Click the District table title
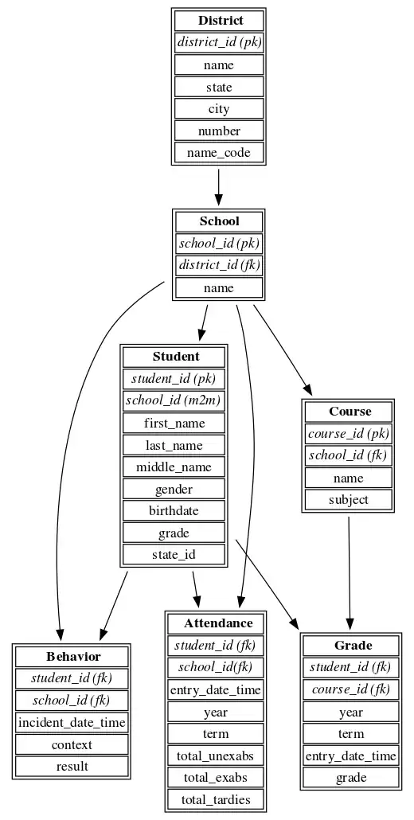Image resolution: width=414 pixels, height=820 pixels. pyautogui.click(x=219, y=21)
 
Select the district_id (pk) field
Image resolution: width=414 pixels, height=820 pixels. pyautogui.click(x=219, y=42)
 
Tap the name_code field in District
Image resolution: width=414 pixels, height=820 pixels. pyautogui.click(x=219, y=152)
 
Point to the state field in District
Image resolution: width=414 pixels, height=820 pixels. pyautogui.click(x=219, y=87)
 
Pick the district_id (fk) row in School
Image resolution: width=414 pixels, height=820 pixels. pyautogui.click(x=219, y=265)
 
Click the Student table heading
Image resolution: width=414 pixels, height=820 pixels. pyautogui.click(x=174, y=357)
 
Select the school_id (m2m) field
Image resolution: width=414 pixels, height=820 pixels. pyautogui.click(x=174, y=400)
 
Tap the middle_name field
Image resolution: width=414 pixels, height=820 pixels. pyautogui.click(x=174, y=467)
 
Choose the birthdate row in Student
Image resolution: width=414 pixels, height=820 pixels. pyautogui.click(x=174, y=510)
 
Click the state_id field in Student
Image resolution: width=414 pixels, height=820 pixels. pyautogui.click(x=174, y=555)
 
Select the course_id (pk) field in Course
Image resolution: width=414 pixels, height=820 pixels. pyautogui.click(x=349, y=434)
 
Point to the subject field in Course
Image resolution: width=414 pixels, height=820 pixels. pyautogui.click(x=349, y=500)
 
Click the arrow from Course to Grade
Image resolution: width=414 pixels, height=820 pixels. pyautogui.click(x=349, y=573)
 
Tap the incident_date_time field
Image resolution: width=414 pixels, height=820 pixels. pyautogui.click(x=72, y=723)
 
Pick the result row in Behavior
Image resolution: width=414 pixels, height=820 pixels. pyautogui.click(x=72, y=767)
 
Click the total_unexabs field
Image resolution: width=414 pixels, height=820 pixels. pyautogui.click(x=216, y=756)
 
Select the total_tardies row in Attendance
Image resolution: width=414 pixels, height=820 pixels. pyautogui.click(x=216, y=799)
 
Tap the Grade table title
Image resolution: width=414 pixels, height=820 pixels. pyautogui.click(x=351, y=645)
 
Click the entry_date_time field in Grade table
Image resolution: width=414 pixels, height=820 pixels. pyautogui.click(x=351, y=756)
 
